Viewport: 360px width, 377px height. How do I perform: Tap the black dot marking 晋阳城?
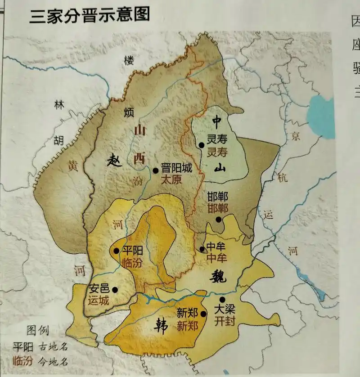pyautogui.click(x=156, y=170)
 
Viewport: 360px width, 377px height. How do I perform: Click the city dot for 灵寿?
pyautogui.click(x=201, y=145)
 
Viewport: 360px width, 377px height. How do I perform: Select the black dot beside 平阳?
pyautogui.click(x=117, y=251)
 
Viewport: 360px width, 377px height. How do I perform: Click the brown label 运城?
pyautogui.click(x=98, y=301)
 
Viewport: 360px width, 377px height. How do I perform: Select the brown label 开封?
pyautogui.click(x=225, y=322)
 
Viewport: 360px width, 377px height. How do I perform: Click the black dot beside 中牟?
pyautogui.click(x=201, y=249)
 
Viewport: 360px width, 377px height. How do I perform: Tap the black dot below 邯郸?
pyautogui.click(x=218, y=220)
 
